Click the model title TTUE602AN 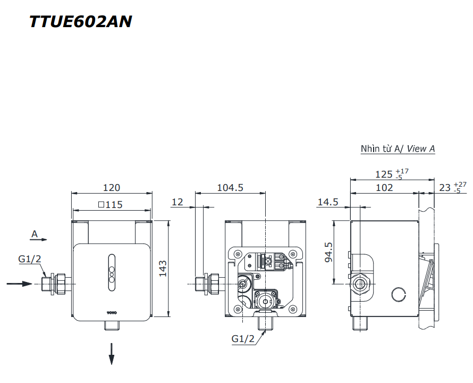click(80, 21)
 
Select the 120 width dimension click(112, 188)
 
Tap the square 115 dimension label click(111, 204)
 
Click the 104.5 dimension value click(230, 188)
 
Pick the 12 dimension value click(178, 202)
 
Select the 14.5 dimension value click(328, 202)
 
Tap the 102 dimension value click(384, 188)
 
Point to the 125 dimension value click(384, 174)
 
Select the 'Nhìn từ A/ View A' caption click(398, 149)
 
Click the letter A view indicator click(35, 234)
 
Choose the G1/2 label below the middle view click(243, 338)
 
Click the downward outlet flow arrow click(112, 354)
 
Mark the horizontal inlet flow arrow click(20, 284)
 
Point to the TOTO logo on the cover click(112, 311)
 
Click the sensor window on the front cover click(112, 272)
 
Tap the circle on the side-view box click(397, 294)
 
